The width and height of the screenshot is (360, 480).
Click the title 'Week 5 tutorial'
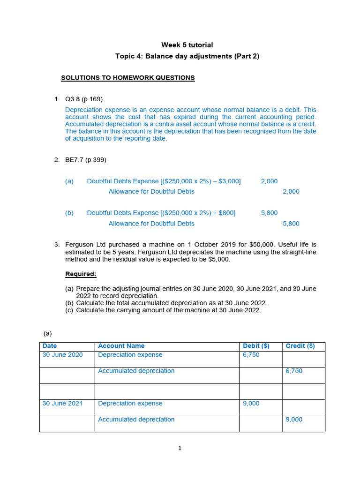pyautogui.click(x=187, y=45)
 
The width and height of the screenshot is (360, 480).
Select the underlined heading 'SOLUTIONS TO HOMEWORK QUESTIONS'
pyautogui.click(x=127, y=78)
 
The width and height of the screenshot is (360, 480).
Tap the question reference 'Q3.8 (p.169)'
pyautogui.click(x=84, y=99)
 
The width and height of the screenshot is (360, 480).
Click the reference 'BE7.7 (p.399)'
pyautogui.click(x=86, y=160)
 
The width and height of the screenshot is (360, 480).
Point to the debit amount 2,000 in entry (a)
pyautogui.click(x=269, y=181)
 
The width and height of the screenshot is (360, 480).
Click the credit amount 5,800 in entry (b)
pyautogui.click(x=291, y=224)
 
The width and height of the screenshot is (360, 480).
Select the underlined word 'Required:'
pyautogui.click(x=81, y=274)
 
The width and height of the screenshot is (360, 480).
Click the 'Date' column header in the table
pyautogui.click(x=49, y=346)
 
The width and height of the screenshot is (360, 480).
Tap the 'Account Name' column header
pyautogui.click(x=121, y=346)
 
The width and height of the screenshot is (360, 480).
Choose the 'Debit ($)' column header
pyautogui.click(x=256, y=346)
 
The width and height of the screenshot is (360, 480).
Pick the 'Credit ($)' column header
pyautogui.click(x=300, y=346)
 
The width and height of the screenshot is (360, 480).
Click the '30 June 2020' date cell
pyautogui.click(x=62, y=355)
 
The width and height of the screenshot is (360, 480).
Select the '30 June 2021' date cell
pyautogui.click(x=62, y=404)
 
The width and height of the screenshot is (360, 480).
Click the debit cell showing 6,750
pyautogui.click(x=251, y=355)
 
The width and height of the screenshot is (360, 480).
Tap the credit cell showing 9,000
pyautogui.click(x=294, y=420)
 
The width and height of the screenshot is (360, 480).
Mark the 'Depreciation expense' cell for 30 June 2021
pyautogui.click(x=130, y=404)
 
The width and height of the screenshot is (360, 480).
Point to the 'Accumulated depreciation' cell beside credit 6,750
pyautogui.click(x=136, y=371)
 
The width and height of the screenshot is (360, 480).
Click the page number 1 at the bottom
pyautogui.click(x=180, y=448)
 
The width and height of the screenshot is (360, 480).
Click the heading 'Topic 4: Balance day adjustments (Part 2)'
pyautogui.click(x=187, y=56)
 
